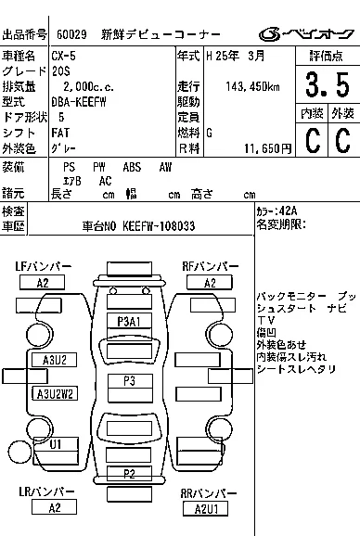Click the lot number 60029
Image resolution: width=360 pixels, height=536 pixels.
coord(71,35)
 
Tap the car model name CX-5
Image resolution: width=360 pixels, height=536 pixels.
coord(66,57)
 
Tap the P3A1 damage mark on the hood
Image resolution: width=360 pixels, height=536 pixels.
coord(128,320)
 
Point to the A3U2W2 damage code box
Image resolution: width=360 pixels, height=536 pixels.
coord(54,393)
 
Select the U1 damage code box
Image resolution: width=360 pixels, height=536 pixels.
coord(55,445)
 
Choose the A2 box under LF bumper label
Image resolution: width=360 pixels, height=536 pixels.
coord(43,282)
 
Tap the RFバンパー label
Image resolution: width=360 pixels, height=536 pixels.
coord(211,267)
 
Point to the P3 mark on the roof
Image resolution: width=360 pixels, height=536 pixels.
coord(128,381)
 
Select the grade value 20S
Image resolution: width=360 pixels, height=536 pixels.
coord(61,71)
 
